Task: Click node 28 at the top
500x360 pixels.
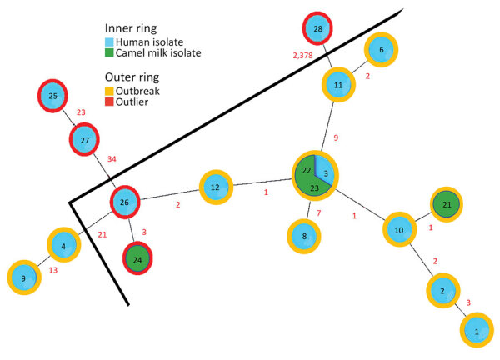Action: [x=317, y=30]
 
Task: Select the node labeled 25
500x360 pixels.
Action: [x=53, y=97]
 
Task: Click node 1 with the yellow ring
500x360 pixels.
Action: [x=476, y=330]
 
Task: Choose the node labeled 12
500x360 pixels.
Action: [x=214, y=187]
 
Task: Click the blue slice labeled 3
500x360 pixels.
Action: [x=327, y=172]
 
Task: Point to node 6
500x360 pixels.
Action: [x=381, y=50]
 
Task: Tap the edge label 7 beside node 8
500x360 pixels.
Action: [x=318, y=214]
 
